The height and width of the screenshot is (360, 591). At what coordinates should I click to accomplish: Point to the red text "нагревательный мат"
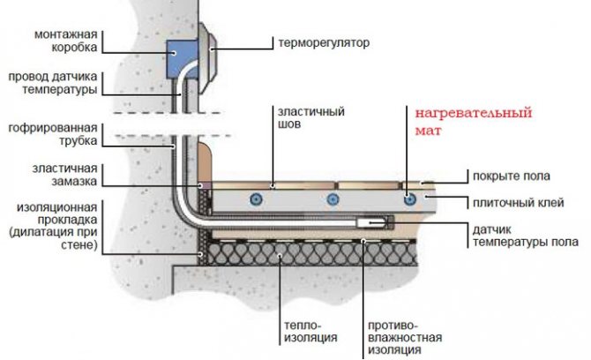click(462, 121)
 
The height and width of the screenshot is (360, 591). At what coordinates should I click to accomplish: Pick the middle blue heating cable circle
click(333, 198)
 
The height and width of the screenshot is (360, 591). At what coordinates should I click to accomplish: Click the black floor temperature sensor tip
click(385, 222)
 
